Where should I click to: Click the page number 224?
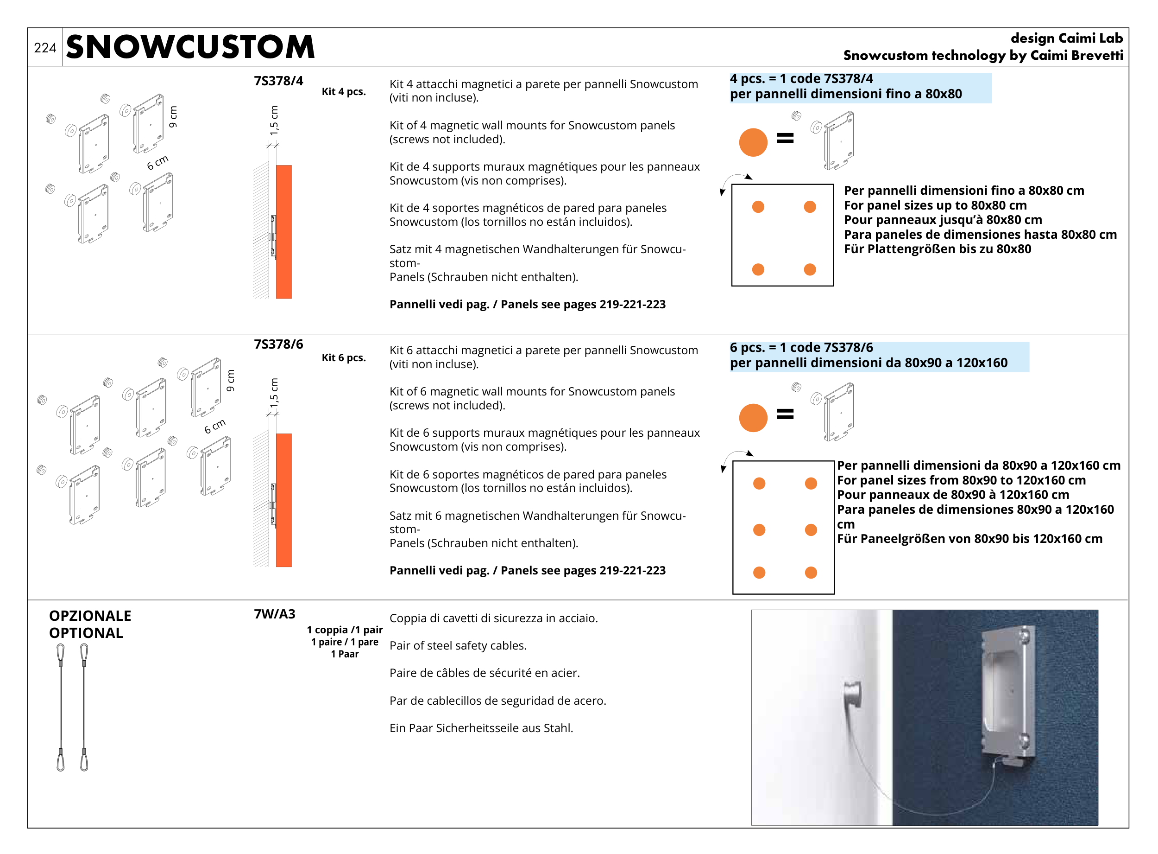(x=45, y=48)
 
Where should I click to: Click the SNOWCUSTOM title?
(x=190, y=47)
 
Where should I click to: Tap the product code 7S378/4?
(x=278, y=81)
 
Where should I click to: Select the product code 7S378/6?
(x=278, y=344)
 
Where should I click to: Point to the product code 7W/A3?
(x=275, y=614)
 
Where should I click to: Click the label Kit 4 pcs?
(x=344, y=91)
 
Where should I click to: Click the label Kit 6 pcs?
(x=344, y=358)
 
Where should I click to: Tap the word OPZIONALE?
(x=90, y=616)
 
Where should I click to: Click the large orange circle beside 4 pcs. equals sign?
(x=753, y=142)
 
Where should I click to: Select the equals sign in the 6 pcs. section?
(x=785, y=414)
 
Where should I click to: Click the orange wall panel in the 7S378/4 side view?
(x=283, y=232)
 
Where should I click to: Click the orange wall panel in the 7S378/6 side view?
(x=283, y=500)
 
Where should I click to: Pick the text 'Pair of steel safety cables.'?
(x=458, y=646)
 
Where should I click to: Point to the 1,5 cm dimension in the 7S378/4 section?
(x=274, y=121)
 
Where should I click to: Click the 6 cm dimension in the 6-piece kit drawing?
(x=215, y=426)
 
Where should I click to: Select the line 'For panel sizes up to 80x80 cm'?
(x=935, y=205)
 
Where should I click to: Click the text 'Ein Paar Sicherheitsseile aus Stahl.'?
(x=481, y=728)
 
